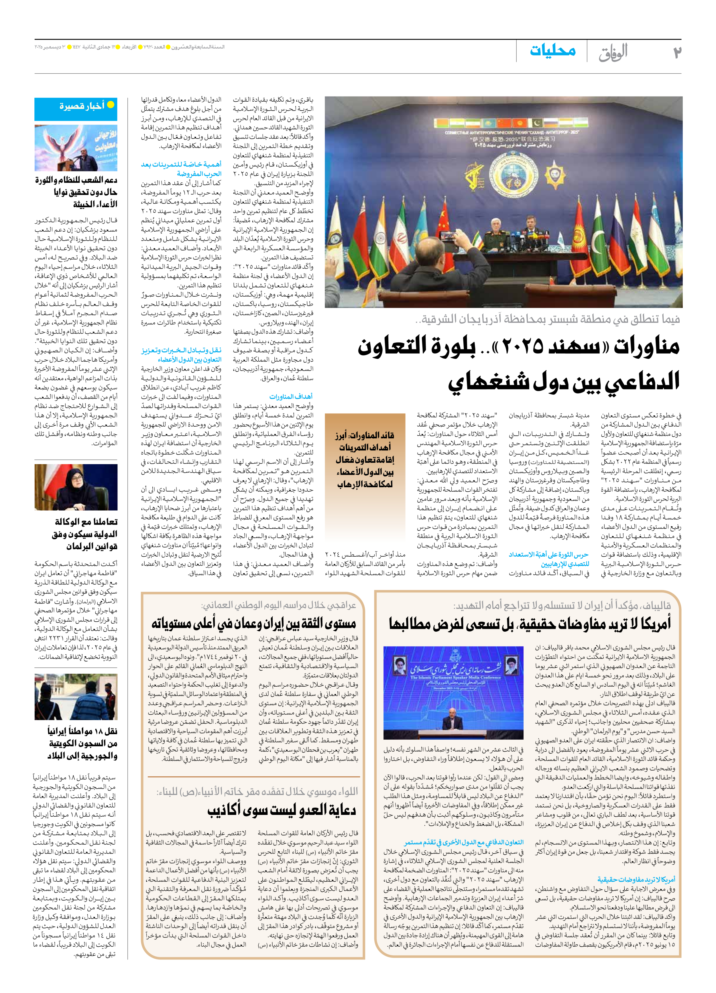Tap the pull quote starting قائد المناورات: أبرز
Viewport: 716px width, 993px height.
tap(365, 460)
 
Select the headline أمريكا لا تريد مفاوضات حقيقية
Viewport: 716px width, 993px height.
tap(530, 623)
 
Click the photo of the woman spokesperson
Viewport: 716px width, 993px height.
tap(76, 487)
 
